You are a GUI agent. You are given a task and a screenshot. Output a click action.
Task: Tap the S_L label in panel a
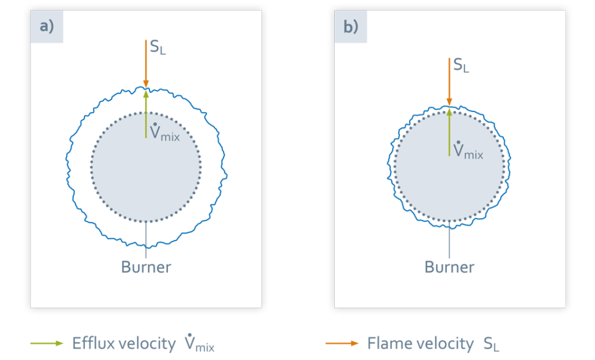pyautogui.click(x=157, y=48)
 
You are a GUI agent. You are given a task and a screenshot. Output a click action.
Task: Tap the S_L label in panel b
pyautogui.click(x=461, y=65)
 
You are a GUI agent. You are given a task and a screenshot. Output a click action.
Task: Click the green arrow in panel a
pyautogui.click(x=146, y=115)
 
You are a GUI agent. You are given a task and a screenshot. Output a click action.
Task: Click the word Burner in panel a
pyautogui.click(x=146, y=268)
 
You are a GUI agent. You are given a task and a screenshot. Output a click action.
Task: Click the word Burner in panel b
pyautogui.click(x=449, y=268)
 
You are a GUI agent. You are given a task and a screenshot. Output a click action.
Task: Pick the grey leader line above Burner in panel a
pyautogui.click(x=146, y=239)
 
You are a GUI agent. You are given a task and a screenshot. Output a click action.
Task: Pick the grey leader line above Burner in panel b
pyautogui.click(x=449, y=239)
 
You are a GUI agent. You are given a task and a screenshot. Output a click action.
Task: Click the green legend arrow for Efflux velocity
pyautogui.click(x=47, y=343)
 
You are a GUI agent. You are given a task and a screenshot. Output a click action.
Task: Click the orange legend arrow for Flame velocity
pyautogui.click(x=342, y=343)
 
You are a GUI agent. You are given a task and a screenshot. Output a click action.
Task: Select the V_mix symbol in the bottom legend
pyautogui.click(x=199, y=343)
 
